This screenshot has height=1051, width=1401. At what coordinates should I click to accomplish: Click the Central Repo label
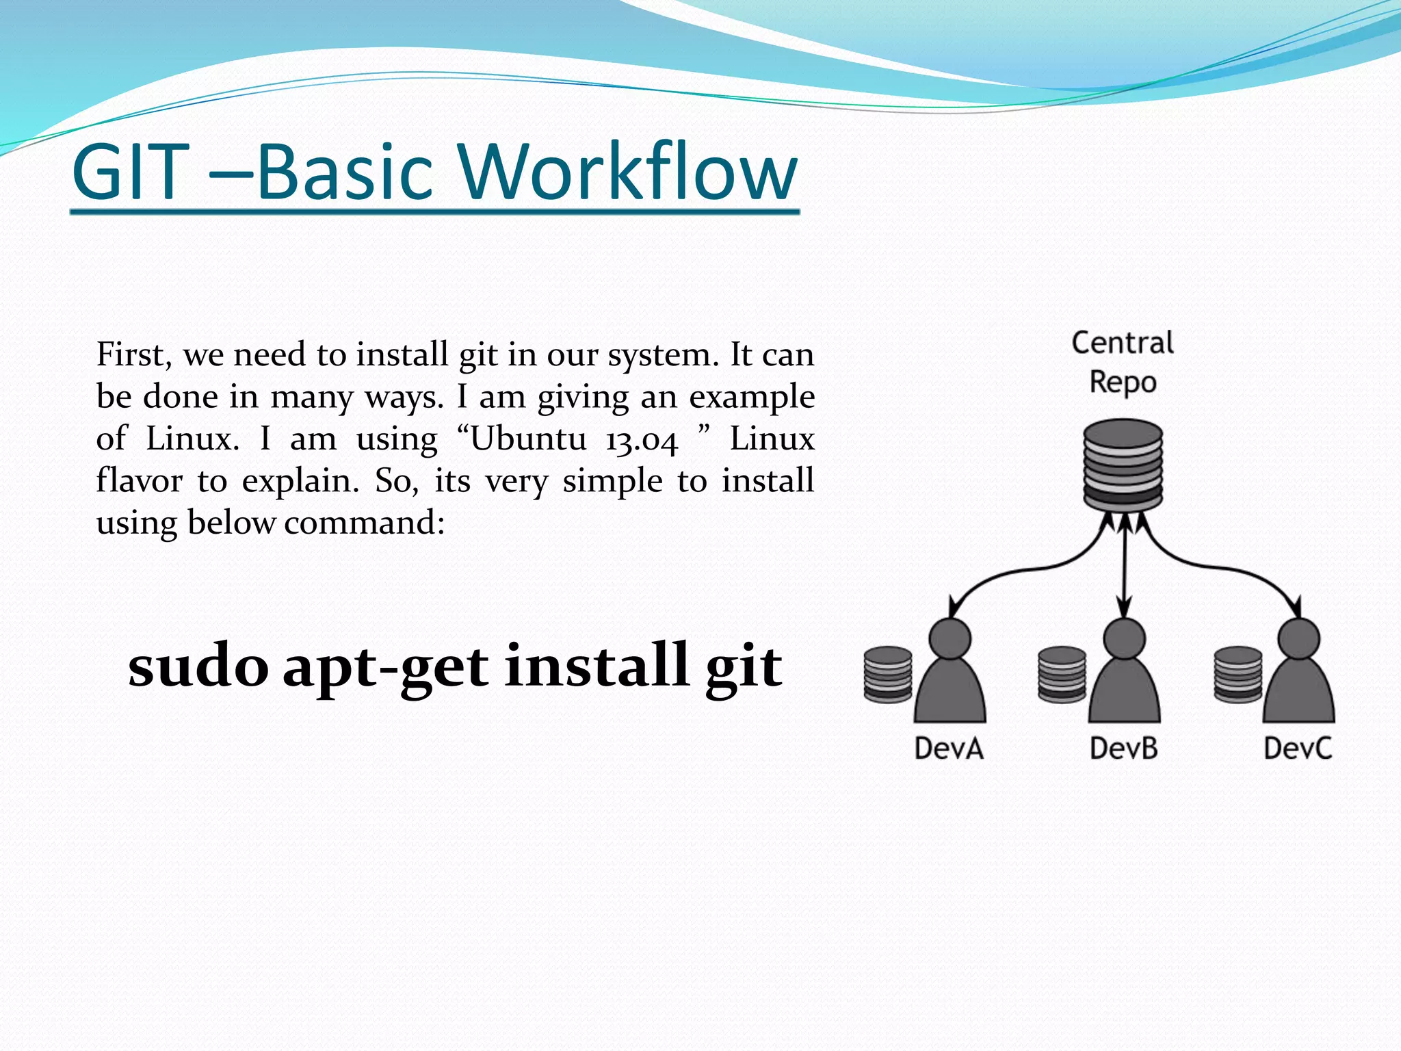(1122, 362)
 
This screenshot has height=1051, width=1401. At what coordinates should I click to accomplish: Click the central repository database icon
(1123, 465)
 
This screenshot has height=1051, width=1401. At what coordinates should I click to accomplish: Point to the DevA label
(949, 748)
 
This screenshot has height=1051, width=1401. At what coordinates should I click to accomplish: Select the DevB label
(1123, 748)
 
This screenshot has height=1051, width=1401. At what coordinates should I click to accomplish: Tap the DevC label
(1298, 748)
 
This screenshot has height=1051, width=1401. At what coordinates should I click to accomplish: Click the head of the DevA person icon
(950, 638)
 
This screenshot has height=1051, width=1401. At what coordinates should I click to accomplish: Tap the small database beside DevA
(887, 675)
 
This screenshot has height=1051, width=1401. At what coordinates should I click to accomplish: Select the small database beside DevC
(1238, 675)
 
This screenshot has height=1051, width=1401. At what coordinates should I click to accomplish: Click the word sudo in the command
(198, 666)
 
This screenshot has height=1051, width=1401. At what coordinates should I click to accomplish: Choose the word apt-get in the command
(385, 668)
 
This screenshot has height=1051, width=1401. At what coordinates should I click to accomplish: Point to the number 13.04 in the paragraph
(641, 440)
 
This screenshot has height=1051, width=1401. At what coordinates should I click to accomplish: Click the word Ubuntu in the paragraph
(527, 439)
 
